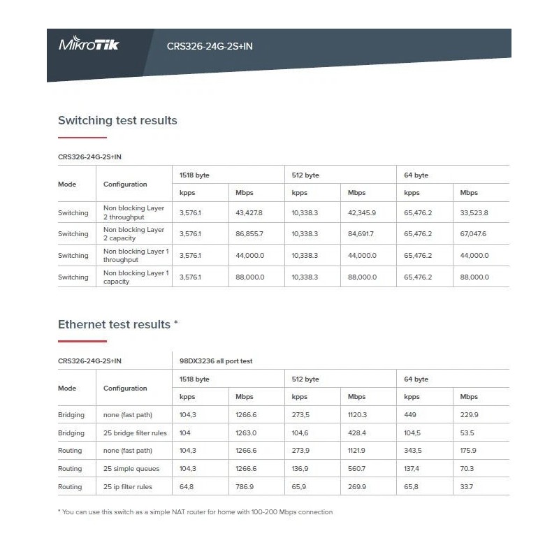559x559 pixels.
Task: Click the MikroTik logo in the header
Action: point(89,45)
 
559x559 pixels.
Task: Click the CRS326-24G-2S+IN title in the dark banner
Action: point(209,47)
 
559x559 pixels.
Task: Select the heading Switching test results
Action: point(117,120)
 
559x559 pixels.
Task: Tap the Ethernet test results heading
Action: point(118,324)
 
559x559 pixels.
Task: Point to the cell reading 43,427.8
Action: point(249,212)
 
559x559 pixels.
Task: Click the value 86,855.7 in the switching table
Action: point(249,234)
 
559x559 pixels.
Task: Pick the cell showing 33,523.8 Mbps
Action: point(474,212)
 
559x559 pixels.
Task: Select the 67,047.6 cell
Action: point(473,234)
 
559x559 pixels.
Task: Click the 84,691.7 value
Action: point(361,234)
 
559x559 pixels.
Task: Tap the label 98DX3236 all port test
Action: point(216,361)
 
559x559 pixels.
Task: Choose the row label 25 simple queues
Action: point(131,469)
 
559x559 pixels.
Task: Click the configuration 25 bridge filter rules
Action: point(136,433)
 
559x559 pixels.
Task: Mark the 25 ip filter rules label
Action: point(128,487)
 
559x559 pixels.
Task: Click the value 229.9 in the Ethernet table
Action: point(469,414)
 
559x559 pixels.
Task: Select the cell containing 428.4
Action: point(357,433)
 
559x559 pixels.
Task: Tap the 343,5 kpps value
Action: point(413,451)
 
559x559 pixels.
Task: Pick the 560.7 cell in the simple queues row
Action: point(356,469)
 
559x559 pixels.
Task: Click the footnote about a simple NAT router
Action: point(195,512)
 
